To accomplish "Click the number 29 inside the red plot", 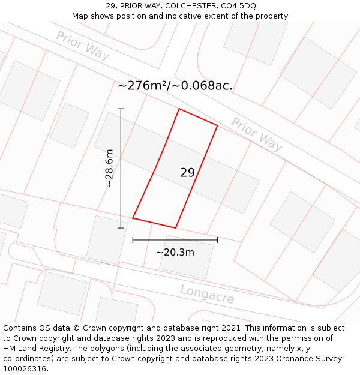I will click(187, 173).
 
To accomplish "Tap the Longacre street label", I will click(207, 294).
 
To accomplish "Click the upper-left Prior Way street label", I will click(83, 46).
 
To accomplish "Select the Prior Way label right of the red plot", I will click(257, 134).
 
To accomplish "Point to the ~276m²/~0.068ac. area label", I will click(175, 86).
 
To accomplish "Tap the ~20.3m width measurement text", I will click(175, 253).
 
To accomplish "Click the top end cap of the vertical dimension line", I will click(121, 109).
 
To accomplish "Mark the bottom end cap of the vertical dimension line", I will click(121, 228).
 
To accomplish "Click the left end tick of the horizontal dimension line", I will click(133, 240).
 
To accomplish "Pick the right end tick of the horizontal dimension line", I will click(217, 240).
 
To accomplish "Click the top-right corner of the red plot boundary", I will click(217, 125).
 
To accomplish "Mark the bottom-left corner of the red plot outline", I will click(133, 218).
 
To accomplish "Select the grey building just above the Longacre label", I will click(186, 256).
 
